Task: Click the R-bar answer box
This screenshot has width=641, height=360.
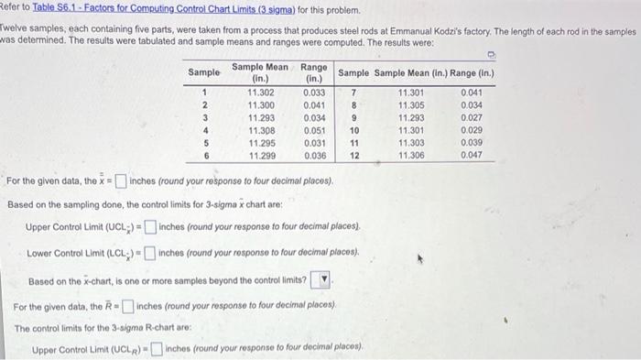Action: click(x=128, y=306)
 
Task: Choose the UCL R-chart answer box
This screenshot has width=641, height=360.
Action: click(x=158, y=349)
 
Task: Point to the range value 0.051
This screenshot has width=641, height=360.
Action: click(x=313, y=130)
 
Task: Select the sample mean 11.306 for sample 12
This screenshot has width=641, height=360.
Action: click(x=411, y=156)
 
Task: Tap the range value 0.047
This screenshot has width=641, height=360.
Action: click(x=471, y=156)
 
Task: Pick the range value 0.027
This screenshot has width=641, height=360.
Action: click(x=471, y=117)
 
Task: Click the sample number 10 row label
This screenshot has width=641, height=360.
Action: click(x=353, y=130)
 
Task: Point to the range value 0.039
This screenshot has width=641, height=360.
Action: click(x=471, y=143)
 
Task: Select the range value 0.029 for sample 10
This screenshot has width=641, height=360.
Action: click(x=471, y=130)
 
